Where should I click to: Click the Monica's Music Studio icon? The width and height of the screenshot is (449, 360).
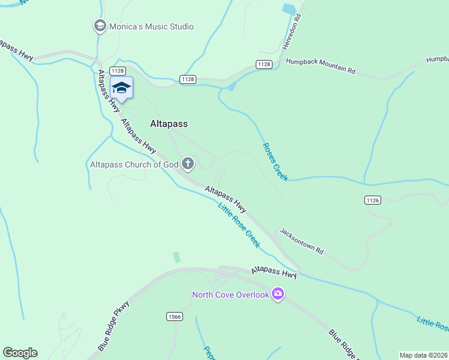click(x=100, y=26)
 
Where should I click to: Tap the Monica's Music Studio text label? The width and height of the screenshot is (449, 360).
click(x=151, y=26)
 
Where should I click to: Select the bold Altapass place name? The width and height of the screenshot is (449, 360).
click(x=168, y=124)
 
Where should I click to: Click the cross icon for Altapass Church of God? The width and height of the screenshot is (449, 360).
click(x=188, y=164)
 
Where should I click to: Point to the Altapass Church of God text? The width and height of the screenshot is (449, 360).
click(x=134, y=164)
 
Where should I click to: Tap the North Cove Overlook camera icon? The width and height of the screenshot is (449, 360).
click(x=277, y=294)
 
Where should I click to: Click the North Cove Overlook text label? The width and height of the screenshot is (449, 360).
click(x=230, y=295)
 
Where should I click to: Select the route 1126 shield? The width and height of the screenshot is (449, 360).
click(x=372, y=199)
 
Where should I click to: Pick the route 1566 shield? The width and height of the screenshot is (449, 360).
click(x=174, y=316)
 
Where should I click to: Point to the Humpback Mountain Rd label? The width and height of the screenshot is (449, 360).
click(x=321, y=66)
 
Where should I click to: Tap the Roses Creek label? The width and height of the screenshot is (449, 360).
click(x=275, y=161)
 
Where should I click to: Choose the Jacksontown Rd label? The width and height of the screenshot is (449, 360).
click(x=301, y=241)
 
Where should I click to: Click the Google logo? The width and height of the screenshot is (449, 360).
click(x=20, y=353)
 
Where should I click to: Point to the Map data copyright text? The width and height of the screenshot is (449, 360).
click(x=424, y=355)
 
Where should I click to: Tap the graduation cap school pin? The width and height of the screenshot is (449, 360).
click(x=121, y=88)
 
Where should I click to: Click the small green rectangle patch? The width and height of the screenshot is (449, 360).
click(x=176, y=257)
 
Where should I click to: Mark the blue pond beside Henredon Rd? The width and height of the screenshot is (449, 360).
click(x=289, y=9)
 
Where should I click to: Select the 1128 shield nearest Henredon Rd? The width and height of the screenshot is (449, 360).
click(x=264, y=64)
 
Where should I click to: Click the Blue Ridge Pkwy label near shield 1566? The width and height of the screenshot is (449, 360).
click(x=113, y=326)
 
